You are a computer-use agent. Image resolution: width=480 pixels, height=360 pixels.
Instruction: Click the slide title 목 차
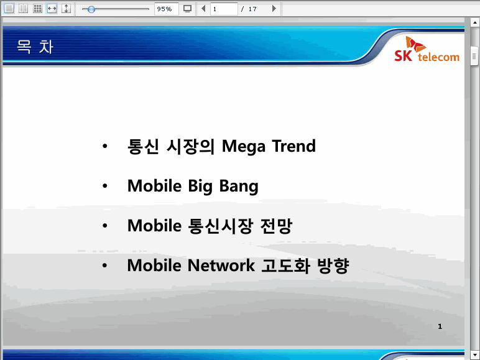coord(35,47)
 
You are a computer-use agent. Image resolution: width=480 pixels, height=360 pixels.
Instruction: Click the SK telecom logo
coord(427,49)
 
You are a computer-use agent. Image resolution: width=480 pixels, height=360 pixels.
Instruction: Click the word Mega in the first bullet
coord(243,146)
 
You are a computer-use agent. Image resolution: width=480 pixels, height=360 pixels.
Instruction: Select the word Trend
coord(293,145)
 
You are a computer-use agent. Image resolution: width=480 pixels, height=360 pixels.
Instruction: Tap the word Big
coord(200,187)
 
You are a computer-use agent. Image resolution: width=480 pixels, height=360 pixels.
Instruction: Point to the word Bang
coord(239,187)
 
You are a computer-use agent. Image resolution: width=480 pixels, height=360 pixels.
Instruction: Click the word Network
coord(221,265)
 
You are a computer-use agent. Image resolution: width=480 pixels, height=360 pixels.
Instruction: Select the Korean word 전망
coord(276,226)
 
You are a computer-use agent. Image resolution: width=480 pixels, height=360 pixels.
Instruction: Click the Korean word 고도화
coord(285,265)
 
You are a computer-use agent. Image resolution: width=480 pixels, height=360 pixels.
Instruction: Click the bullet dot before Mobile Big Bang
coord(105,186)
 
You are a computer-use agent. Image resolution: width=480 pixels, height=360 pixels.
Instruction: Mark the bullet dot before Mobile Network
coord(104,265)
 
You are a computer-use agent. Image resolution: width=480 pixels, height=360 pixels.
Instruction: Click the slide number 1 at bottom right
coord(440,326)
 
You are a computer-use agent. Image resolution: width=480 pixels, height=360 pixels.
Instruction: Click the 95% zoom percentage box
coord(166,9)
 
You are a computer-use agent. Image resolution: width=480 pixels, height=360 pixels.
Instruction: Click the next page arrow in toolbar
coord(274,9)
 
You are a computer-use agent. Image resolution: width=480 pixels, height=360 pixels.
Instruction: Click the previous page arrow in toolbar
coord(203,9)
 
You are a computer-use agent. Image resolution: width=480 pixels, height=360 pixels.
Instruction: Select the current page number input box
coord(224,9)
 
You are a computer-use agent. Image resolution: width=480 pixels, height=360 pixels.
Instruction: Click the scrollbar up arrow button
coord(475,22)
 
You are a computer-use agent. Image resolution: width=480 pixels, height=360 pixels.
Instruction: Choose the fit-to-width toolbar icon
coord(52,9)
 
